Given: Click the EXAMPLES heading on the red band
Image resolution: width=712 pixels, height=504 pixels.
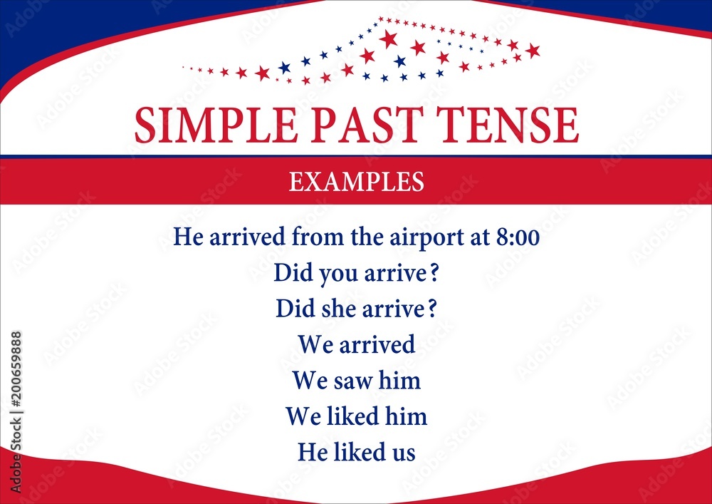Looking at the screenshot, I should (356, 182).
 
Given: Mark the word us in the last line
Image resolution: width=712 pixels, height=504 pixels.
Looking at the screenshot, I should (402, 453).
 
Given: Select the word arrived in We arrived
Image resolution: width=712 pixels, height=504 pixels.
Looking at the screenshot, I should (377, 345).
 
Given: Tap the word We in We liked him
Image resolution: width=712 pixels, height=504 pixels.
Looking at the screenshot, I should (303, 416).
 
